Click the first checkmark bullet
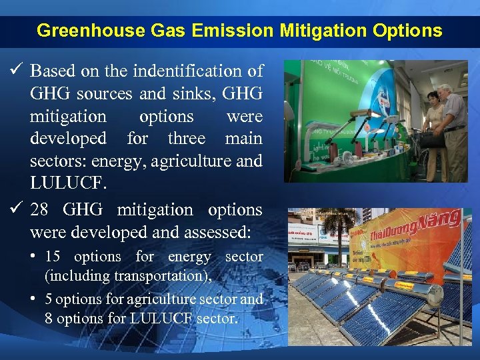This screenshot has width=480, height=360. [x=17, y=70]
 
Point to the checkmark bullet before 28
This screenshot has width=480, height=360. [x=17, y=209]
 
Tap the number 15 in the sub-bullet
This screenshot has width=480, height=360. [x=53, y=257]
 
